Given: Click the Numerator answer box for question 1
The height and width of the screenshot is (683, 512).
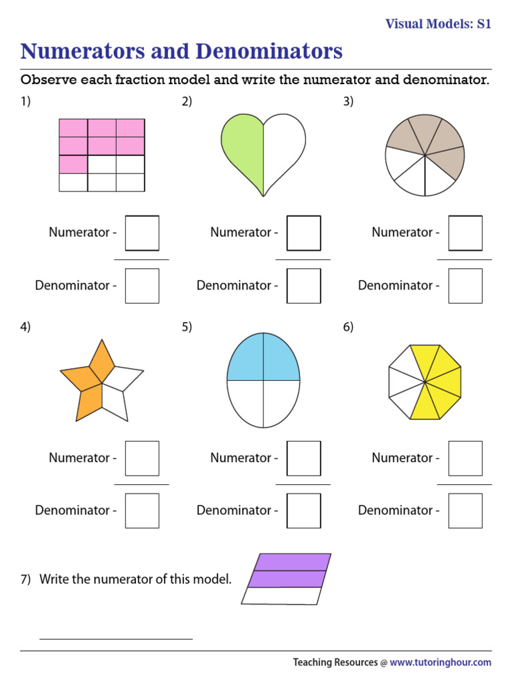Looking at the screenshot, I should pyautogui.click(x=142, y=233).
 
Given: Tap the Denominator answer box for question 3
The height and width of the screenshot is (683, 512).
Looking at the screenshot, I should pyautogui.click(x=465, y=285).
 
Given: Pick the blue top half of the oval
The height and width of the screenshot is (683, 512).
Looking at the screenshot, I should pyautogui.click(x=263, y=360).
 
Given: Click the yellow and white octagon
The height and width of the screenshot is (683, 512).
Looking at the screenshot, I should pyautogui.click(x=424, y=382).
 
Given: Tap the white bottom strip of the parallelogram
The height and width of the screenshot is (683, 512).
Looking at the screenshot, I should pyautogui.click(x=284, y=596).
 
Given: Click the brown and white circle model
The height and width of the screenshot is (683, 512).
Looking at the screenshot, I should pyautogui.click(x=425, y=155).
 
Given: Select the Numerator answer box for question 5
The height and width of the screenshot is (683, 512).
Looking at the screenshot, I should pyautogui.click(x=303, y=458).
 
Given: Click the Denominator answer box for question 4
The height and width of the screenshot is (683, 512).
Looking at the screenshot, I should pyautogui.click(x=142, y=511).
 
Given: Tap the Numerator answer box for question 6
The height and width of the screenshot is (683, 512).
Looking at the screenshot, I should pyautogui.click(x=465, y=458).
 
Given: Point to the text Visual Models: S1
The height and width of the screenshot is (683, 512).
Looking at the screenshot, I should pyautogui.click(x=438, y=24).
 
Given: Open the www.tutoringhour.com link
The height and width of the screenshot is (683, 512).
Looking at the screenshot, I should pyautogui.click(x=440, y=662).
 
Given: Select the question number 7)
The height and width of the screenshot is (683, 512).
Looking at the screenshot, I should pyautogui.click(x=25, y=579).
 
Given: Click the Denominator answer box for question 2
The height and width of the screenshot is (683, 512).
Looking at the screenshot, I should pyautogui.click(x=303, y=285).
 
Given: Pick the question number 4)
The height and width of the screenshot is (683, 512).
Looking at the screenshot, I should pyautogui.click(x=25, y=327).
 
